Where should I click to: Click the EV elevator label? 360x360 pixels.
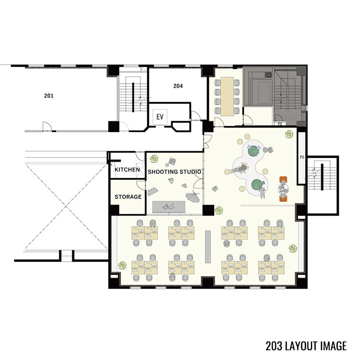(160, 117)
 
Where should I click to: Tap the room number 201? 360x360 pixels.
(49, 96)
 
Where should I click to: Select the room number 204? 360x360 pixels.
(178, 86)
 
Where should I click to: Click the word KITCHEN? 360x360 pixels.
(127, 170)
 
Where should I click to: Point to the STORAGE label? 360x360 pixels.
(128, 197)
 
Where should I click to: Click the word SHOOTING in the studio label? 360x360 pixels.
(163, 172)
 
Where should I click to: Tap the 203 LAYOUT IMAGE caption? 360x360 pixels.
(306, 345)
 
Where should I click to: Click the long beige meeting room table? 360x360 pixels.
(227, 97)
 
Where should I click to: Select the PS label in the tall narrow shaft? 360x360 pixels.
(302, 157)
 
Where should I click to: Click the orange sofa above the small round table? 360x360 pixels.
(283, 179)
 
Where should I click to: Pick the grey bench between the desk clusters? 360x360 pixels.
(208, 247)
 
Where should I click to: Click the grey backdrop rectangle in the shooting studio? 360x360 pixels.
(169, 207)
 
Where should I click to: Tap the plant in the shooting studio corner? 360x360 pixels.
(154, 159)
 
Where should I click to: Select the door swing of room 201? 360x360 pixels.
(47, 126)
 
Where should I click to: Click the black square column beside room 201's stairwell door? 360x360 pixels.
(114, 126)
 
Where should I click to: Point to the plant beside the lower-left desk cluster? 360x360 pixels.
(122, 265)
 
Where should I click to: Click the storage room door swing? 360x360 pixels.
(141, 185)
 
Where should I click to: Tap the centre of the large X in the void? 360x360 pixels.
(66, 206)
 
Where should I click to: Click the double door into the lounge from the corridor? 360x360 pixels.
(207, 141)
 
